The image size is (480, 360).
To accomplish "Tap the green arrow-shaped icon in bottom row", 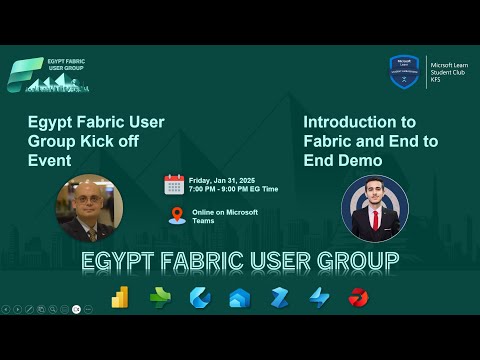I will click(x=160, y=298).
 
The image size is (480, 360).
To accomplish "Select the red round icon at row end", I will click(x=358, y=298).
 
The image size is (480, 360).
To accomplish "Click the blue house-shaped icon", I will click(x=239, y=298).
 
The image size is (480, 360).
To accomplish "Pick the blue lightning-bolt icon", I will click(x=319, y=298).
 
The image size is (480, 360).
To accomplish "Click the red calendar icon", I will click(x=174, y=184).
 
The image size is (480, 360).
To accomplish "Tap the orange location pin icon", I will click(x=176, y=215).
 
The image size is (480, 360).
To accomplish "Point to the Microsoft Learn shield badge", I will click(x=403, y=71).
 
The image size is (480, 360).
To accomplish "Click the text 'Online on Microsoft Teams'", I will click(x=224, y=216).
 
